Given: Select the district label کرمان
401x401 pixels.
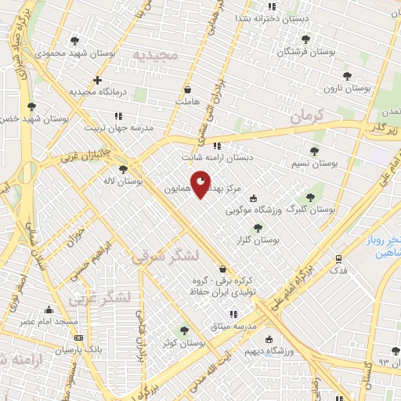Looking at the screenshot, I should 305,115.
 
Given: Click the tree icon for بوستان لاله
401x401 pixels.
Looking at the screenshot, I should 122,168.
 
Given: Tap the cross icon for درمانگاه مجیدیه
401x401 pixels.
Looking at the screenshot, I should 97,80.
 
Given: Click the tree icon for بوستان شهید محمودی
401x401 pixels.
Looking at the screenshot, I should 74,40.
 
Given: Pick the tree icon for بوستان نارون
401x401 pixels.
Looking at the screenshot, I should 347,76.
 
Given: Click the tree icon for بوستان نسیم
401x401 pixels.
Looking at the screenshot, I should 314,151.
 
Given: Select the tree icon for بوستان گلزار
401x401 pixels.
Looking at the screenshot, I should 258,228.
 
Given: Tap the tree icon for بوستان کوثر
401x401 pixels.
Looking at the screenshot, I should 184,331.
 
